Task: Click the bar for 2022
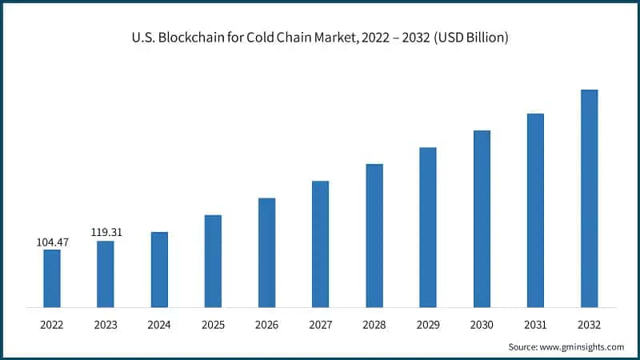click(x=52, y=278)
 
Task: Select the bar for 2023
click(x=106, y=274)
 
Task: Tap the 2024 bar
click(x=159, y=270)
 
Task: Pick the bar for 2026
click(x=267, y=252)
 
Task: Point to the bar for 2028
click(x=374, y=235)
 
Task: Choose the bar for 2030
click(x=482, y=218)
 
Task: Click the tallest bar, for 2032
click(x=589, y=198)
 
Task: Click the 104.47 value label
click(x=52, y=241)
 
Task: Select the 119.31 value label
click(x=106, y=232)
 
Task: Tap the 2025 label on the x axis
click(x=213, y=326)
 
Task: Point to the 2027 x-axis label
click(x=320, y=326)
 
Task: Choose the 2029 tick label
click(x=428, y=326)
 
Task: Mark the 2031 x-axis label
click(x=535, y=326)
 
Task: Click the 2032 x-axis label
click(x=589, y=326)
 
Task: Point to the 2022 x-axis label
click(x=52, y=326)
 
